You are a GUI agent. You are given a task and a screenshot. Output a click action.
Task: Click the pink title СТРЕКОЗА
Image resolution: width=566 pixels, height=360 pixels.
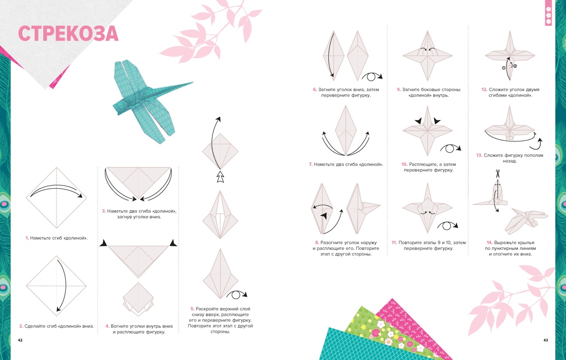tap(68, 33)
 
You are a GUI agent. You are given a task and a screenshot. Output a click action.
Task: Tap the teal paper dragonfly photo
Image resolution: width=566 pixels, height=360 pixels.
tap(152, 101)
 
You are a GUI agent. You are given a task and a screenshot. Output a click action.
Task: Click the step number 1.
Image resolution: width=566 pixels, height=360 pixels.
tap(27, 238)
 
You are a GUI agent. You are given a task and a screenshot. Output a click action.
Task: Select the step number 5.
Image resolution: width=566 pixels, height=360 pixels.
tap(192, 309)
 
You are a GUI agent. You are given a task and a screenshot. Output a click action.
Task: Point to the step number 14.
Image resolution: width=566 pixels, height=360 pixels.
tap(489, 242)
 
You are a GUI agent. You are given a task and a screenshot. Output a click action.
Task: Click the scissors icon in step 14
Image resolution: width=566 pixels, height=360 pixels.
tap(498, 173)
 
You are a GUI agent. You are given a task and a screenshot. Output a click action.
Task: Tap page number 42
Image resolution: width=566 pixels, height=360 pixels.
tap(20, 340)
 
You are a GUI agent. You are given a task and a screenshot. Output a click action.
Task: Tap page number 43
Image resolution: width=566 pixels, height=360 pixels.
tap(546, 340)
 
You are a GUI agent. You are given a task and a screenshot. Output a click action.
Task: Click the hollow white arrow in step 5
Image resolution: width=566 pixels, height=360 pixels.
tap(220, 177)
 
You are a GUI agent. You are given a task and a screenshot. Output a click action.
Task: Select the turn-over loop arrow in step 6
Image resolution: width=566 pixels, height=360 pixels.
tap(372, 77)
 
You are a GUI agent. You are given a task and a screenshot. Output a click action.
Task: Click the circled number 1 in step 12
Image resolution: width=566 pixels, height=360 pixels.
tap(504, 68)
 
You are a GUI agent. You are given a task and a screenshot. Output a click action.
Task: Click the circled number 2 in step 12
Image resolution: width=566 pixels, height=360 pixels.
tap(515, 66)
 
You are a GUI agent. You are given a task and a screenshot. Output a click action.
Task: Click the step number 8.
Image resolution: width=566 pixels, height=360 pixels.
tap(317, 243)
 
